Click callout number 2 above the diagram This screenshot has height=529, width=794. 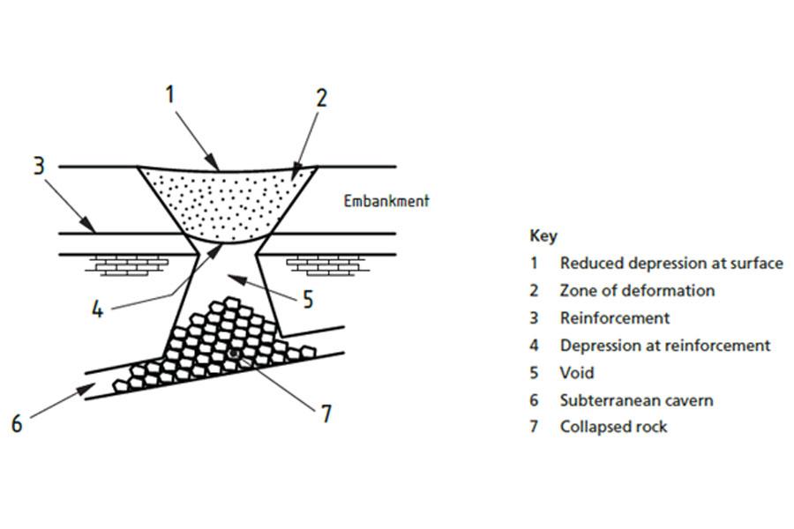pos(321,96)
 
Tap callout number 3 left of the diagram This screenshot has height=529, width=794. pos(39,165)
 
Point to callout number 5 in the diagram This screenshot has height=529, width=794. pos(307,300)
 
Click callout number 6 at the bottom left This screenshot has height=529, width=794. pos(16,424)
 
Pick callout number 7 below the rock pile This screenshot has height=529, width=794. pos(326,413)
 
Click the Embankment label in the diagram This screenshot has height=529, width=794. pos(386,201)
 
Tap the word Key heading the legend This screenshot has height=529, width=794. pos(543,235)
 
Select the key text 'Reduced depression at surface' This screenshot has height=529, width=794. pos(670,263)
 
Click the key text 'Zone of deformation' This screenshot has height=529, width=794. pos(637,290)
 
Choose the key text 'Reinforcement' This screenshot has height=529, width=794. pos(614,317)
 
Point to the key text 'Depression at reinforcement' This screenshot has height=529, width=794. pos(665,345)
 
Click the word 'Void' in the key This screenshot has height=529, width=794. pos(577,372)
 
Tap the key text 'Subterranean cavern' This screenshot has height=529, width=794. pos(636,399)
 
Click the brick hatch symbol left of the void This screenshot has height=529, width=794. pos(131,264)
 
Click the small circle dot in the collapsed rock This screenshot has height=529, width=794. pos(234,354)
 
